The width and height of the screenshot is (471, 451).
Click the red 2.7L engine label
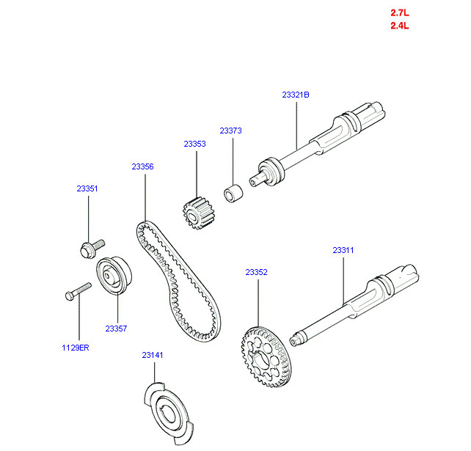tap(399, 12)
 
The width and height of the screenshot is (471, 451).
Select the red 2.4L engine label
tap(399, 26)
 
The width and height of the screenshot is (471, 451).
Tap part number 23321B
tap(296, 95)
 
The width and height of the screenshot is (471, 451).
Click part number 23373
tap(230, 131)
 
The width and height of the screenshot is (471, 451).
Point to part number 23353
tap(194, 144)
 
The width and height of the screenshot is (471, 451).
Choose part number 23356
tap(142, 166)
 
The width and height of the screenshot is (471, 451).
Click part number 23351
tap(87, 188)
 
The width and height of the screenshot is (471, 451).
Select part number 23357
tap(116, 329)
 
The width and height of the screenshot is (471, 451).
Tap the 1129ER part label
tap(76, 347)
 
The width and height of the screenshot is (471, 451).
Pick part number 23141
tap(153, 355)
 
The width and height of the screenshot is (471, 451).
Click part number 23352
tap(256, 272)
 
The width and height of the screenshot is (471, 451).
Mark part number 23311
tap(343, 250)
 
